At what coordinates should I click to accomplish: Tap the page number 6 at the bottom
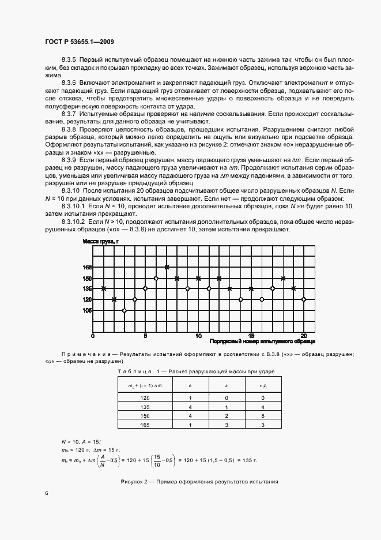(x=47, y=493)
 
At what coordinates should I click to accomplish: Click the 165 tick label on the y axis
(x=87, y=267)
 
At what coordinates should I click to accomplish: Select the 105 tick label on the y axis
(x=87, y=310)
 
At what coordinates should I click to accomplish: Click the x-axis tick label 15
(x=251, y=335)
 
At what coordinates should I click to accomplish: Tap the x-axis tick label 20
(x=304, y=335)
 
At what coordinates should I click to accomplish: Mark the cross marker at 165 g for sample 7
(x=167, y=267)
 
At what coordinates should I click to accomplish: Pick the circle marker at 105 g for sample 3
(x=125, y=310)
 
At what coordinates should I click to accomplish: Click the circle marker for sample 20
(x=304, y=299)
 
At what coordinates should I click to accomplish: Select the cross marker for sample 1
(x=104, y=288)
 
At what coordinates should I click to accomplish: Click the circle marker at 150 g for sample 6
(x=156, y=278)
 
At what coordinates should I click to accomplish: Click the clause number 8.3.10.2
(x=73, y=222)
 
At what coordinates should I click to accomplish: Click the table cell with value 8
(x=262, y=415)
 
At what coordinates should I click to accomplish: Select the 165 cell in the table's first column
(x=145, y=425)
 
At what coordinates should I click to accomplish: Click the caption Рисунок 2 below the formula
(x=199, y=481)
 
